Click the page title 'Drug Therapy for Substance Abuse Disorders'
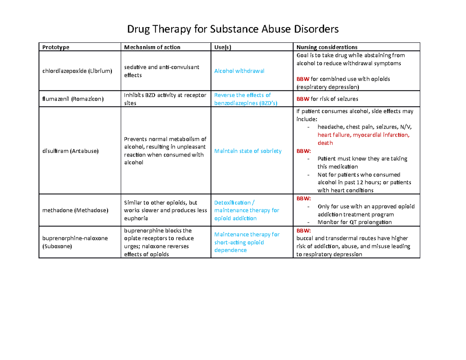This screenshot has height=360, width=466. click(x=233, y=30)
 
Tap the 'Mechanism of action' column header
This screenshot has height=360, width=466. click(x=152, y=47)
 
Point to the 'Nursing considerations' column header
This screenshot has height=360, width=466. click(x=327, y=47)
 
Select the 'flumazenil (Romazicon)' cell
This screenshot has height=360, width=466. click(x=73, y=99)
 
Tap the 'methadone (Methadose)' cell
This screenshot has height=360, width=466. click(x=76, y=210)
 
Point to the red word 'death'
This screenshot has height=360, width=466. click(x=325, y=143)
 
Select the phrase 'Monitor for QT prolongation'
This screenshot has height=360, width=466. click(x=355, y=222)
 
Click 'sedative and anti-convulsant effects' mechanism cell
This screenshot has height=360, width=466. click(x=161, y=71)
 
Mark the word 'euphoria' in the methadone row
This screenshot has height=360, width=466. click(x=136, y=218)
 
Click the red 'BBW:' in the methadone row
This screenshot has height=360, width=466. click(x=304, y=198)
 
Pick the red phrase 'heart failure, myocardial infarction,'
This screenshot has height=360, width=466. click(x=363, y=135)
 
